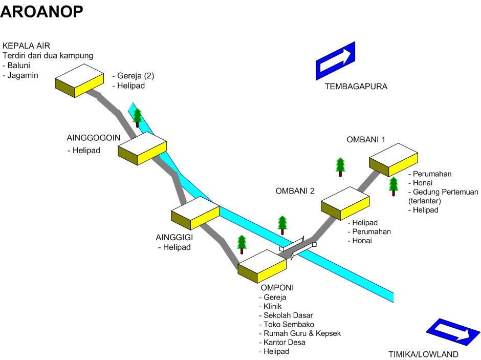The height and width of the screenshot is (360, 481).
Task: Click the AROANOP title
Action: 42,11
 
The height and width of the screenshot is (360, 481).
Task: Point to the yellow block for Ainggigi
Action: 195,213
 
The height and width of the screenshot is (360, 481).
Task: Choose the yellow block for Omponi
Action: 261,265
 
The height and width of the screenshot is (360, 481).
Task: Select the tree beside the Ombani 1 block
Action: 393,186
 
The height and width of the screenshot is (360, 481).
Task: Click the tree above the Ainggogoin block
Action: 137,117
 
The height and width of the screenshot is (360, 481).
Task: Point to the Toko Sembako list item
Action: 289,325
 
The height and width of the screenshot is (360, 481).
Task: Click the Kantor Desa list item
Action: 285,343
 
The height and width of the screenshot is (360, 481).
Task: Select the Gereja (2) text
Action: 135,76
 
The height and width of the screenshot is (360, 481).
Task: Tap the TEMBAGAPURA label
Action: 356,87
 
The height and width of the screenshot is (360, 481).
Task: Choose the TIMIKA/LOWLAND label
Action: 423,354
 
